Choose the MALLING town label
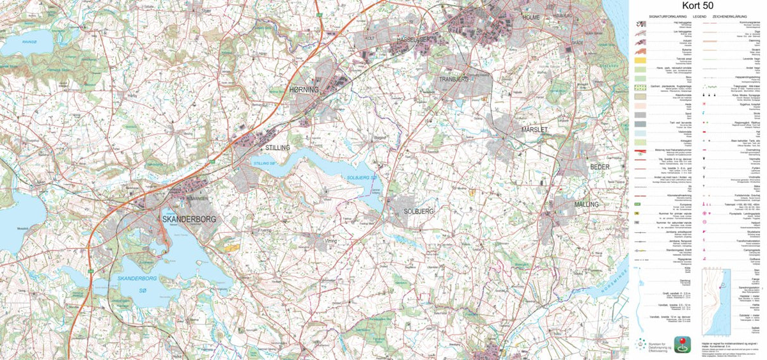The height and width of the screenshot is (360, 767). click(586, 204)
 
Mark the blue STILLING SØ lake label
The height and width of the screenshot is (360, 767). click(263, 164)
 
